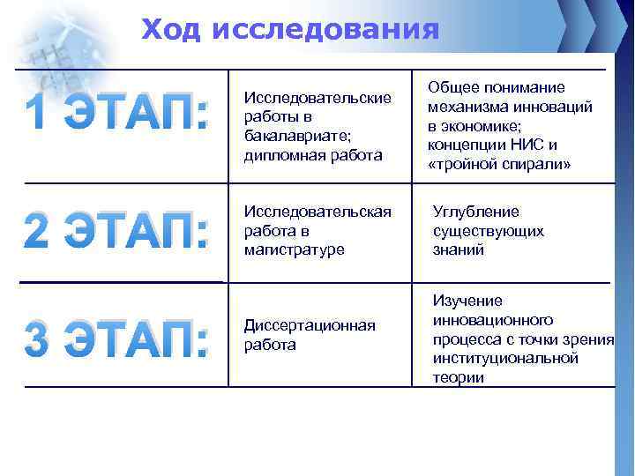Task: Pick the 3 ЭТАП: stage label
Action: (x=117, y=341)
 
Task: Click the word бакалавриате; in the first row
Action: (x=288, y=137)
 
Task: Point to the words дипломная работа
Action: (x=300, y=155)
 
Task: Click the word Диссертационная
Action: (x=310, y=325)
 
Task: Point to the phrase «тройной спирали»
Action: (x=499, y=164)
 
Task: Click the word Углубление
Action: (x=476, y=212)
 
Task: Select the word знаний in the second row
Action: (x=459, y=249)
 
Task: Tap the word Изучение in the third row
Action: (x=467, y=301)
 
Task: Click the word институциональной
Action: (x=505, y=358)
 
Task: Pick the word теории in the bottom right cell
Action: (x=459, y=377)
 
